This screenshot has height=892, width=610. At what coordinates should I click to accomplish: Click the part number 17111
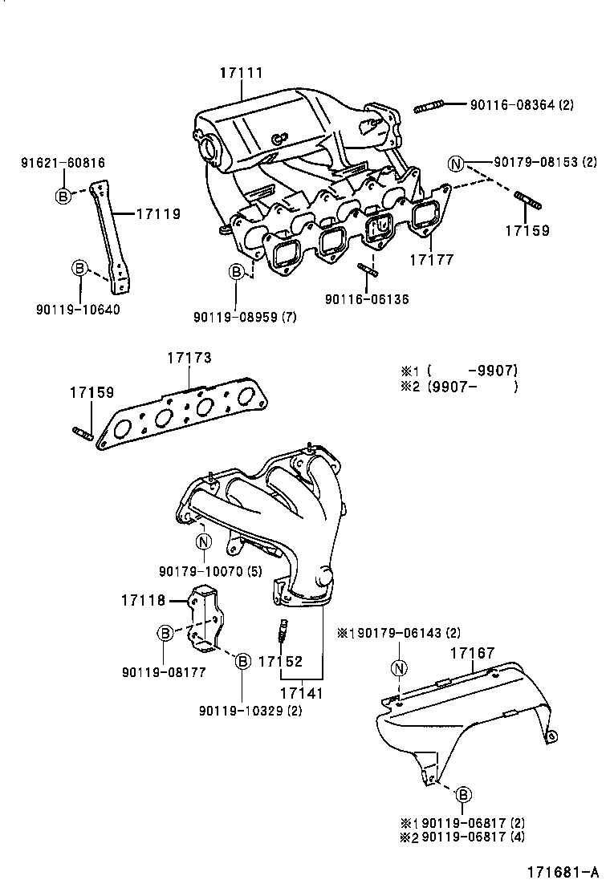[x=242, y=73]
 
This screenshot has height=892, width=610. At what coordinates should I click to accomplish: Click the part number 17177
[x=432, y=260]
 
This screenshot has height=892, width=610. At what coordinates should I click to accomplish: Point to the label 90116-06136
[x=367, y=299]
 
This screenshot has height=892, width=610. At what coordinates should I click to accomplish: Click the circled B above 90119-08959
[x=237, y=273]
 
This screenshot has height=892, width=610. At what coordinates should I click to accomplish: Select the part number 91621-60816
[x=63, y=163]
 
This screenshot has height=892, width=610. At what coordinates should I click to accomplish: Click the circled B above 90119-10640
[x=79, y=268]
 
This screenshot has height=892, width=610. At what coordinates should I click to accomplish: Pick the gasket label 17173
[x=189, y=358]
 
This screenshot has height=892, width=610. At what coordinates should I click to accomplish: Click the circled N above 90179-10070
[x=202, y=541]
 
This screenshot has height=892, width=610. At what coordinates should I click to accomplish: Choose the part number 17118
[x=143, y=599]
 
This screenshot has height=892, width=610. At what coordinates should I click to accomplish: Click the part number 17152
[x=280, y=662]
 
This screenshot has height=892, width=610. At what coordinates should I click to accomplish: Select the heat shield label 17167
[x=472, y=653]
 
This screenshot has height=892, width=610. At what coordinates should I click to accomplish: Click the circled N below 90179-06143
[x=399, y=668]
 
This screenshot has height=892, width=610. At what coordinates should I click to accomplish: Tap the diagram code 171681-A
[x=563, y=872]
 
